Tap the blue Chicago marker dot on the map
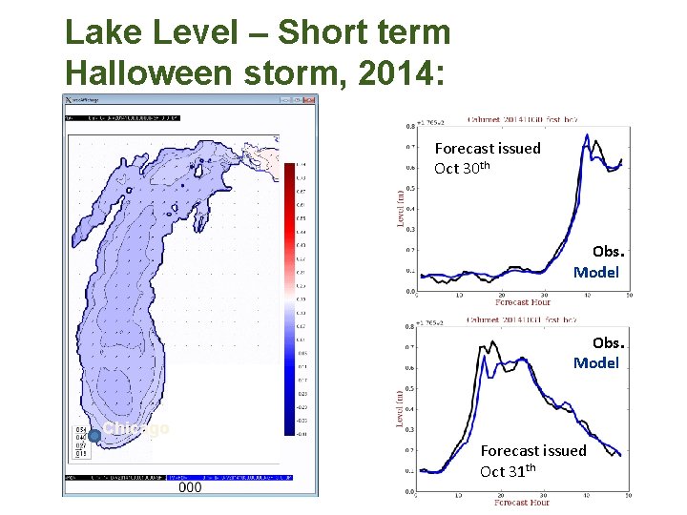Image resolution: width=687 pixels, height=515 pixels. click(94, 435)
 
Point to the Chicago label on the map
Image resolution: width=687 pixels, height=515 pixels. click(135, 428)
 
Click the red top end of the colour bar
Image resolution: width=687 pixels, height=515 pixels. click(290, 168)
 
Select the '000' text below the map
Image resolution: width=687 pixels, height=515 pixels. click(190, 486)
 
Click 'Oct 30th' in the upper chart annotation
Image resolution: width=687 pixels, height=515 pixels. click(464, 169)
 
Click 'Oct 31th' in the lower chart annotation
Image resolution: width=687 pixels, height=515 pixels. click(509, 471)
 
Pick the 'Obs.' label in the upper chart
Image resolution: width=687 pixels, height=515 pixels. click(608, 252)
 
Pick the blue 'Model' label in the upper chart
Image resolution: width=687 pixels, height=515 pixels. click(596, 273)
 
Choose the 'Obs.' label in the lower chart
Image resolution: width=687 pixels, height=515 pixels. click(606, 342)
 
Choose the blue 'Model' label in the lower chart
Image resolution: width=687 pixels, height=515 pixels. click(596, 363)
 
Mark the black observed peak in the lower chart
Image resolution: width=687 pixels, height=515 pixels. click(491, 341)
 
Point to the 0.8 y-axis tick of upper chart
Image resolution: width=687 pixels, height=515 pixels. click(409, 126)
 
